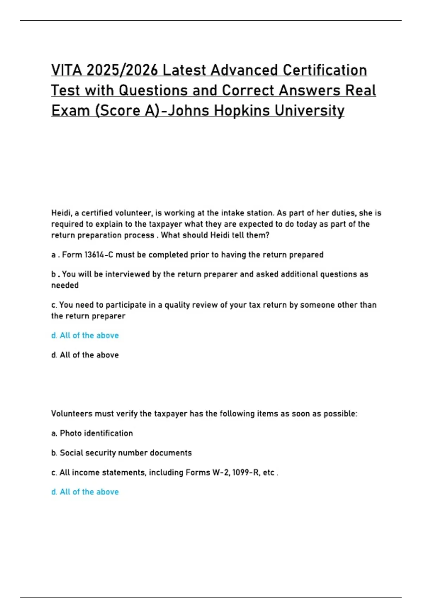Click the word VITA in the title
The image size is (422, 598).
(x=66, y=70)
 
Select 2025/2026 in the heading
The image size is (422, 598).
(x=122, y=70)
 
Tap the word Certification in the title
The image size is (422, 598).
(x=325, y=70)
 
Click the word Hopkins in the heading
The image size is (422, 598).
(x=242, y=111)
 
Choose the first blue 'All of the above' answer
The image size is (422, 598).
(x=85, y=335)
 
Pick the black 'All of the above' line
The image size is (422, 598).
(x=85, y=355)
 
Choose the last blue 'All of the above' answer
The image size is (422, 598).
(x=85, y=492)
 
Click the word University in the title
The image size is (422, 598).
(x=309, y=111)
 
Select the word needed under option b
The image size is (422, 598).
(x=65, y=285)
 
